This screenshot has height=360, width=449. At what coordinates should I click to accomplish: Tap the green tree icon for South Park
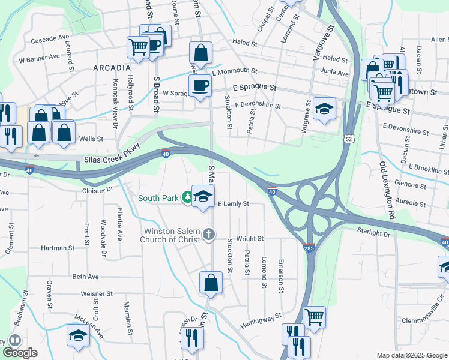tap(188, 197)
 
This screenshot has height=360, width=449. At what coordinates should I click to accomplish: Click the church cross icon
tap(209, 233)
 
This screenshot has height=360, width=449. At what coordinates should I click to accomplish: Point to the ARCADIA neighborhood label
tap(112, 68)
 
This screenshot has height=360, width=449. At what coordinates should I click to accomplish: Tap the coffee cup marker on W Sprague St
tap(200, 85)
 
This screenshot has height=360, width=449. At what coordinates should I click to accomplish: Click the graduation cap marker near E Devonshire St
tap(324, 109)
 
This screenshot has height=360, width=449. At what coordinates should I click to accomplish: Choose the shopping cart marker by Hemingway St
tap(314, 316)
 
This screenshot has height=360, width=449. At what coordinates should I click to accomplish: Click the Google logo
tap(20, 353)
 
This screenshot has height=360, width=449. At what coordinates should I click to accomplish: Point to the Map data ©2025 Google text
tap(411, 355)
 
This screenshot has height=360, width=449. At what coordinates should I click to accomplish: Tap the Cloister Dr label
tap(98, 190)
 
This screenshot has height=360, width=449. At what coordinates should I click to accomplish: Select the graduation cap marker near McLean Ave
tap(78, 337)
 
